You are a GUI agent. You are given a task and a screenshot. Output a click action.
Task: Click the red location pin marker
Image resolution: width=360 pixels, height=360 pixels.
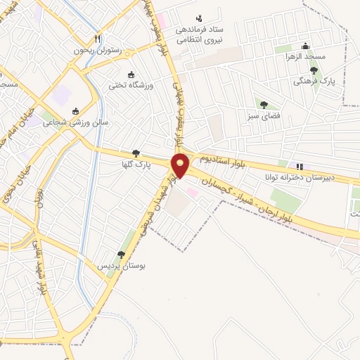click(x=181, y=165)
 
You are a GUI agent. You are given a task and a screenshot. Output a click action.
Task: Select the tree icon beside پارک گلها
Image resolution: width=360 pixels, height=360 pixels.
click(x=136, y=153)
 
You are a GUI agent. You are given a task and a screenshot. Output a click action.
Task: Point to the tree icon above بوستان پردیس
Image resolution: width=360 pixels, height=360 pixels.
click(x=121, y=255)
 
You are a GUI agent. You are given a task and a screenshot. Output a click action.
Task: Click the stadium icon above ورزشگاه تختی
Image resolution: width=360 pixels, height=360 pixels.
click(x=131, y=75)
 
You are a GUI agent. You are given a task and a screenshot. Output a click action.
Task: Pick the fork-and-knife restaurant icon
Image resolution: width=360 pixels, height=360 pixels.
click(x=98, y=39)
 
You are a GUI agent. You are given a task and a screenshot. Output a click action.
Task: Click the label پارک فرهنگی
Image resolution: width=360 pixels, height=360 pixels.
click(x=313, y=82)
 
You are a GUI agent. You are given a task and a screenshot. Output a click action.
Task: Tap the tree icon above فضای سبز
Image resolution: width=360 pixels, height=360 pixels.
click(x=264, y=105)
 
